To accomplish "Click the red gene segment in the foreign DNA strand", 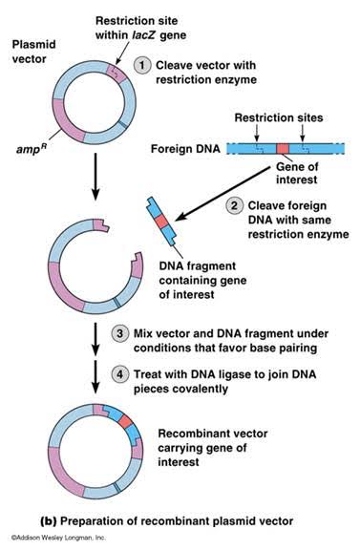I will tap(283, 149).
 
